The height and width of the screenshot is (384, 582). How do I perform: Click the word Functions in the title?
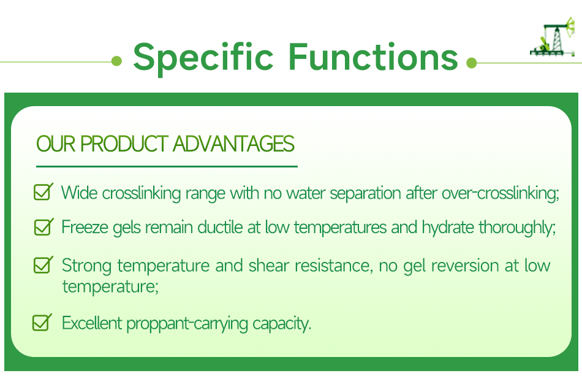373,56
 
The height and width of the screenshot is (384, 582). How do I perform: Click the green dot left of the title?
117,61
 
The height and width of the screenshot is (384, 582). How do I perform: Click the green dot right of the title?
471,63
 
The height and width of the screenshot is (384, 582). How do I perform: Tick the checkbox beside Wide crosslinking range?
43,192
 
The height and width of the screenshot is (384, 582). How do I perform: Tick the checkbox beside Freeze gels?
43,227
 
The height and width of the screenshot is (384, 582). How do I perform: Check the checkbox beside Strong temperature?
43,265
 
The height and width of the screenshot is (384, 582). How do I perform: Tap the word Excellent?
93,323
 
